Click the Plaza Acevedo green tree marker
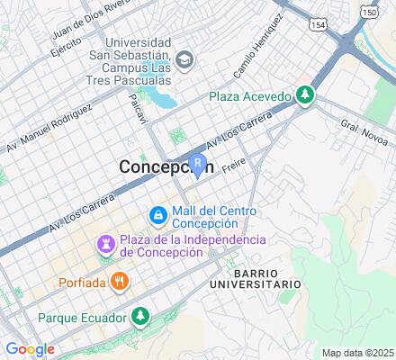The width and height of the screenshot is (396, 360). tap(306, 94)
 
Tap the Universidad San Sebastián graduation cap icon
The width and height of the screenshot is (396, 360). tap(184, 60)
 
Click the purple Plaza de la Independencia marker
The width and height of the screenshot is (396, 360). tap(105, 243)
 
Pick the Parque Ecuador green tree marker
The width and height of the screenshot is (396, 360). tap(139, 316)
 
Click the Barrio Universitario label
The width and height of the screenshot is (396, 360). tap(265, 277)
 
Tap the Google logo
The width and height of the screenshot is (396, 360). tap(30, 349)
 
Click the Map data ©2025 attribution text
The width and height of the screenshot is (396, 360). tap(358, 352)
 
